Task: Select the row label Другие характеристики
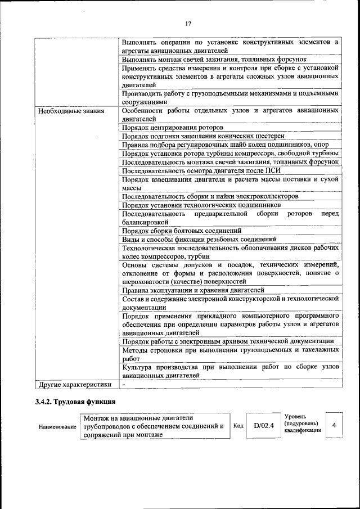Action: coord(75,385)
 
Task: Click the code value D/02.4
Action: coord(263,426)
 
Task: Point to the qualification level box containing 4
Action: coord(334,426)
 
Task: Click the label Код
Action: coord(238,426)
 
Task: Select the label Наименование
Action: coord(57,427)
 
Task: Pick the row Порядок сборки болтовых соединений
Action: coord(182,230)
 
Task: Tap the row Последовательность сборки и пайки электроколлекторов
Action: coord(210,196)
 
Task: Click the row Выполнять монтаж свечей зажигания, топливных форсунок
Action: coord(214,59)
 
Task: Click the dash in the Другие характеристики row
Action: coord(124,385)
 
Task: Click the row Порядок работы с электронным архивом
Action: coord(228,341)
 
